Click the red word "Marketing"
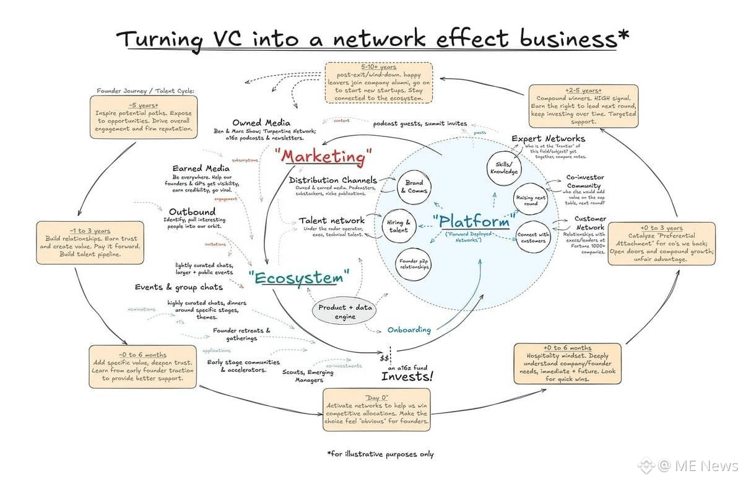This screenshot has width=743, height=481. pos(326,156)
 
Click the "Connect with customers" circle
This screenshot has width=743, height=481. pos(532,236)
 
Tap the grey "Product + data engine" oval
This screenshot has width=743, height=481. pos(337,311)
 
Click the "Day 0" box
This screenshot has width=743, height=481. pos(376,410)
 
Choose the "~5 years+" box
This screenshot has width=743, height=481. pos(144,118)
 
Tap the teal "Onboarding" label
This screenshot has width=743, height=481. pos(409,329)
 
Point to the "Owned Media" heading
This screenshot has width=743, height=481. pos(261,123)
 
